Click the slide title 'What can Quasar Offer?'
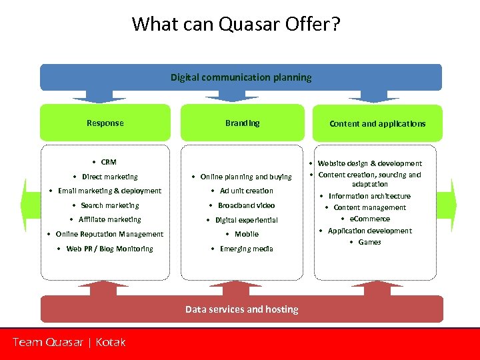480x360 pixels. tap(236, 24)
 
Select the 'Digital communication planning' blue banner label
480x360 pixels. tap(241, 77)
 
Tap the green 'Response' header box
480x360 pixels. tap(105, 123)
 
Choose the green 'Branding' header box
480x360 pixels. tap(243, 123)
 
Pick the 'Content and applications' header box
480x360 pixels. tap(377, 123)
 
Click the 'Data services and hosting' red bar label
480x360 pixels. tap(241, 309)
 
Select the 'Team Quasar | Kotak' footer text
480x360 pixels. tap(69, 342)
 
